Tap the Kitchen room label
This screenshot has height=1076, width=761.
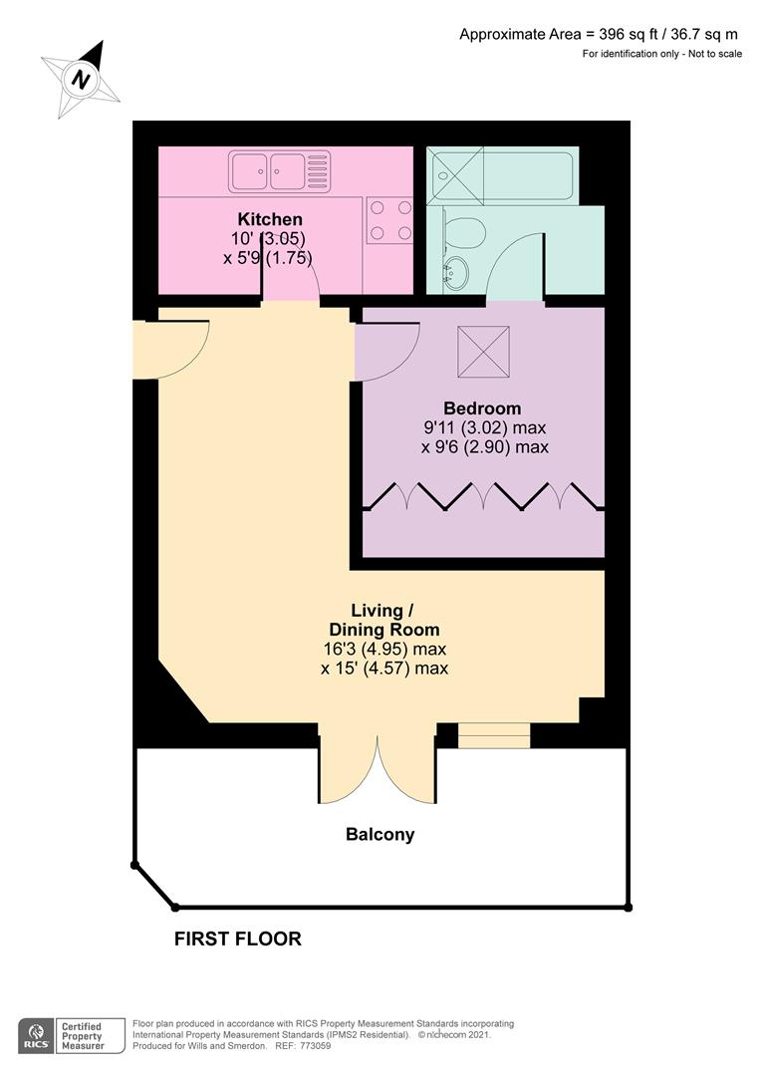[269, 219]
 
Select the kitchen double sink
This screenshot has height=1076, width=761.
[279, 170]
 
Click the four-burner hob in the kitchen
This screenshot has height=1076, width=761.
[389, 220]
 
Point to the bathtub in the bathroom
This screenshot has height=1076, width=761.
[501, 176]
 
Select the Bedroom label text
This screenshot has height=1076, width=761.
[482, 408]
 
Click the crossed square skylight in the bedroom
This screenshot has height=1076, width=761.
[483, 352]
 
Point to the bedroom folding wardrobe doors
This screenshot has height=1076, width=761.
[483, 496]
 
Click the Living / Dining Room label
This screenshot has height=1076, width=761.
[383, 620]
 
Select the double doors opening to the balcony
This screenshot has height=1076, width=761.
[377, 767]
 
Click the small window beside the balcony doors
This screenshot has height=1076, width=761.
[494, 736]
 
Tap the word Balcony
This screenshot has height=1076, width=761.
[380, 835]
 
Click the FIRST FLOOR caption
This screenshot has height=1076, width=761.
[237, 939]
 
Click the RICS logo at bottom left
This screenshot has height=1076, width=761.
[37, 1033]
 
